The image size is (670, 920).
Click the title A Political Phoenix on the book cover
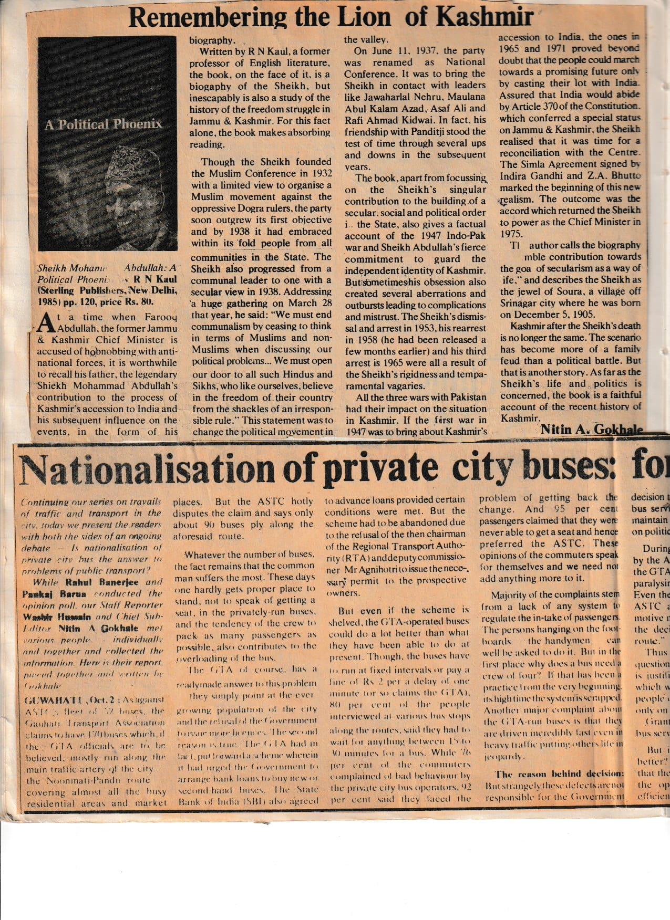point(104,124)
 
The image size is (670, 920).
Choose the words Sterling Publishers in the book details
point(79,290)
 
